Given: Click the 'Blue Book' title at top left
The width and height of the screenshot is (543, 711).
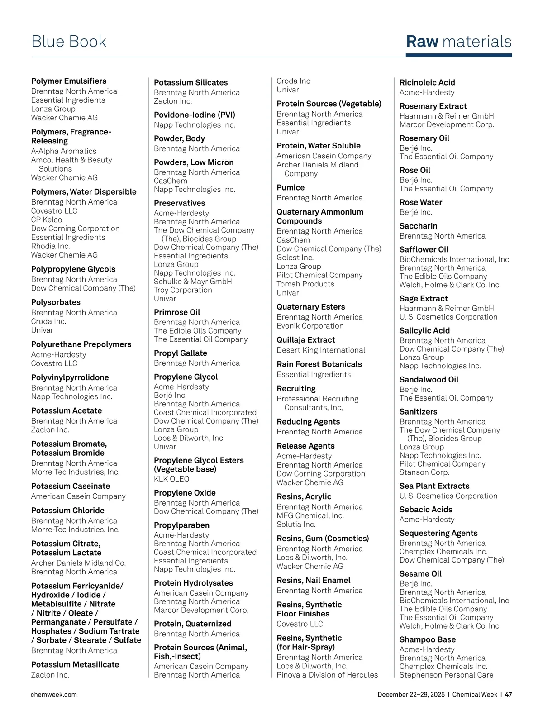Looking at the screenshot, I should (x=69, y=42).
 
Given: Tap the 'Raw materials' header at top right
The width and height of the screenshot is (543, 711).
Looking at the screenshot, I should (x=458, y=42).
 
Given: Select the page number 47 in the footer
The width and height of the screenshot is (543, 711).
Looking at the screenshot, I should (x=508, y=694).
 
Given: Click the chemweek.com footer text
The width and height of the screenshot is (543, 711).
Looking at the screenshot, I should (x=53, y=694).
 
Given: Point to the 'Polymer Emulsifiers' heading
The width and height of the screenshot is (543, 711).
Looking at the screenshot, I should (x=69, y=81).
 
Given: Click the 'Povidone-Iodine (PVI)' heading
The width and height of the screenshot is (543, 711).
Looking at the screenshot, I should (x=195, y=115).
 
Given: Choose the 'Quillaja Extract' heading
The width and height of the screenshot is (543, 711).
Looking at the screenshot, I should (x=306, y=340).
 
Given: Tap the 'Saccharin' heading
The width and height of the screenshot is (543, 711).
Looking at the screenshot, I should (x=418, y=226).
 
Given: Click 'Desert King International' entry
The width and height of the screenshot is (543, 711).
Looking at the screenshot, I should (x=321, y=350).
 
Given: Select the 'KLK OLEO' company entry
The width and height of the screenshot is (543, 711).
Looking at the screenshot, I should (x=171, y=479).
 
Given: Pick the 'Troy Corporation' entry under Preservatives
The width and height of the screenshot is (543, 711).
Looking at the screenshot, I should (x=183, y=290).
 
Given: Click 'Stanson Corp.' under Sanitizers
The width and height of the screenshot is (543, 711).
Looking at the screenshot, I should (x=424, y=472).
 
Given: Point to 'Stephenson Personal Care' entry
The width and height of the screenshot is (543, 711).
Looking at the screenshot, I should (x=446, y=675).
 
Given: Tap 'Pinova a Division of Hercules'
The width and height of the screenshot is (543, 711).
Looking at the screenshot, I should (x=327, y=675).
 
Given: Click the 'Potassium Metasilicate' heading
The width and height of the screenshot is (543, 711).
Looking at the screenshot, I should (x=75, y=664).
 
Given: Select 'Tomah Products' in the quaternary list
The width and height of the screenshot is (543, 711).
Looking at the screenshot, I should (x=305, y=284).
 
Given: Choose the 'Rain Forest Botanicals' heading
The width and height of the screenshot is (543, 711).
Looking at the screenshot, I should (x=319, y=364).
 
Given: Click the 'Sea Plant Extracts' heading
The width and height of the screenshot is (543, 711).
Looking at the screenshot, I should (x=434, y=486).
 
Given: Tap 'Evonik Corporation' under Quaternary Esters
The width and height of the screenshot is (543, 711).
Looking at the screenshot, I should (x=310, y=326).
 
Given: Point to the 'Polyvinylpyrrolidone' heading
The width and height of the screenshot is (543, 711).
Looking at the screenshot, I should (x=70, y=377).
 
